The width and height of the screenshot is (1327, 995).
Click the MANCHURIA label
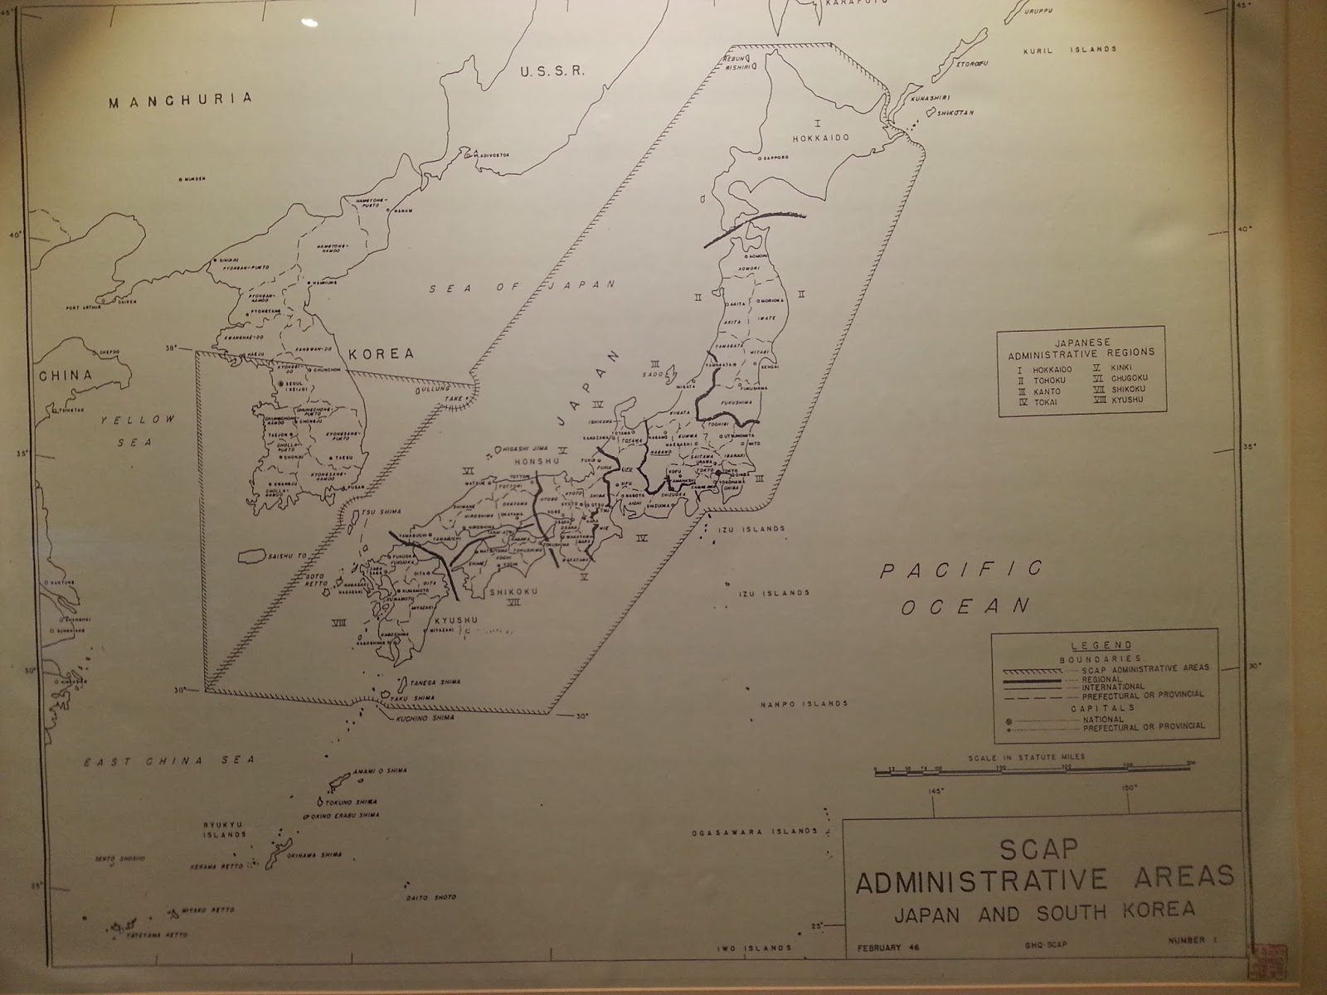[x=180, y=100]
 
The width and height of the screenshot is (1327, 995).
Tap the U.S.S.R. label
[x=552, y=71]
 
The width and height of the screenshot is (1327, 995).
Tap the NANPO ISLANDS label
[x=804, y=704]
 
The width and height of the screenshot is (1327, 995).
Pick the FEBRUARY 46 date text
[x=887, y=948]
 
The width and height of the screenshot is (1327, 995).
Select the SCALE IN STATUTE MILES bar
[x=1032, y=771]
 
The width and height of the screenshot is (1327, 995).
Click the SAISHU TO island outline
[x=257, y=557]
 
